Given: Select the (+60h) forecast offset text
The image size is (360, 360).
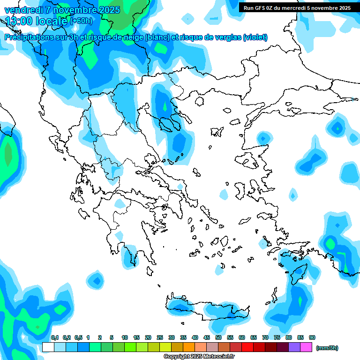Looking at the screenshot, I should [81, 21].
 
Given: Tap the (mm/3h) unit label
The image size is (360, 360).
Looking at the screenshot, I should [327, 348].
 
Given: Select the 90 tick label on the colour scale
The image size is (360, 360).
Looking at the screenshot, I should [312, 337].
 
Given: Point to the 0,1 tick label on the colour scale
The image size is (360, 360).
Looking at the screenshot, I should [54, 337].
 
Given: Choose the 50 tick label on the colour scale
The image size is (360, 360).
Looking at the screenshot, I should [218, 337].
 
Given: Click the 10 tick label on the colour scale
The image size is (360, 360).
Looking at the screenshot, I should [125, 337].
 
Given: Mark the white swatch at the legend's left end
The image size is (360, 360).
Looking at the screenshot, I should [48, 347].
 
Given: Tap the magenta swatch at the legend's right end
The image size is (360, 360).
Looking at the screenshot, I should [306, 347].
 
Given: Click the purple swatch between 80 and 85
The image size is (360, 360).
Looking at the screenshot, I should [294, 347].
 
